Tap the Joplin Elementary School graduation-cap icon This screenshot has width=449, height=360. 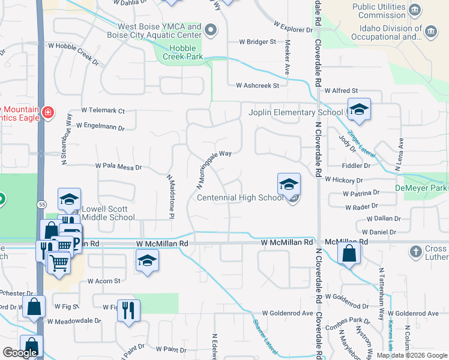click(x=359, y=110)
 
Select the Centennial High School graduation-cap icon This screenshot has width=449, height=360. click(x=289, y=184)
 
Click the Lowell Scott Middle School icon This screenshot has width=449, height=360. click(x=70, y=200)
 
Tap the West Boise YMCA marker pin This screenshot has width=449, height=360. click(x=210, y=30)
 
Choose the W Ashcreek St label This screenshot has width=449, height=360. click(x=258, y=86)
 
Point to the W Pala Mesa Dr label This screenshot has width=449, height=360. click(x=118, y=167)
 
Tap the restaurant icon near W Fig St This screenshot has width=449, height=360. click(x=128, y=310)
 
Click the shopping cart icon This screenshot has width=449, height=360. click(x=58, y=262)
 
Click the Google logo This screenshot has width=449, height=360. click(x=20, y=353)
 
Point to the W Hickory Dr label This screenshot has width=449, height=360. click(x=344, y=179)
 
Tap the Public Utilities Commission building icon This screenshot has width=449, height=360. click(x=414, y=10)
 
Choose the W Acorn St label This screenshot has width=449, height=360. click(x=104, y=280)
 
